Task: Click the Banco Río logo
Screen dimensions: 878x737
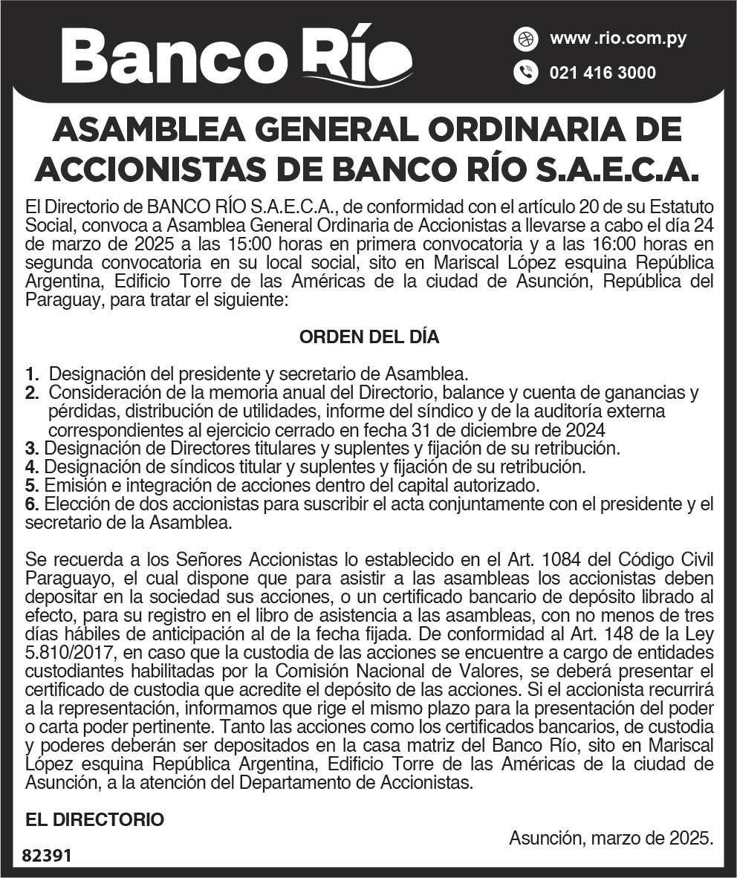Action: pyautogui.click(x=236, y=57)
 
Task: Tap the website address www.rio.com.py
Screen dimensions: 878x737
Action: pyautogui.click(x=617, y=39)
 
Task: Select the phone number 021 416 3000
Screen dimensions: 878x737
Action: pyautogui.click(x=603, y=73)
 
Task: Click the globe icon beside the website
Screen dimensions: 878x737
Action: pyautogui.click(x=525, y=39)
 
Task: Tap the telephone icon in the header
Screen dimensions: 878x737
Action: pyautogui.click(x=525, y=73)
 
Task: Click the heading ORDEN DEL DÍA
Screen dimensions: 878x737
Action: pyautogui.click(x=369, y=336)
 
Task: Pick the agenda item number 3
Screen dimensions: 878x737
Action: pyautogui.click(x=30, y=449)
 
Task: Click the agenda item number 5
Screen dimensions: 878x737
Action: pyautogui.click(x=30, y=486)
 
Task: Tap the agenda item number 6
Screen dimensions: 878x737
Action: pyautogui.click(x=30, y=504)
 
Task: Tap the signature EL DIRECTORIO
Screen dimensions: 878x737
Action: pyautogui.click(x=94, y=820)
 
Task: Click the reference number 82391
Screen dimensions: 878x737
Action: pyautogui.click(x=47, y=856)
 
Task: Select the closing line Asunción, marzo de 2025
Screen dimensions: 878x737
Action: pyautogui.click(x=611, y=838)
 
